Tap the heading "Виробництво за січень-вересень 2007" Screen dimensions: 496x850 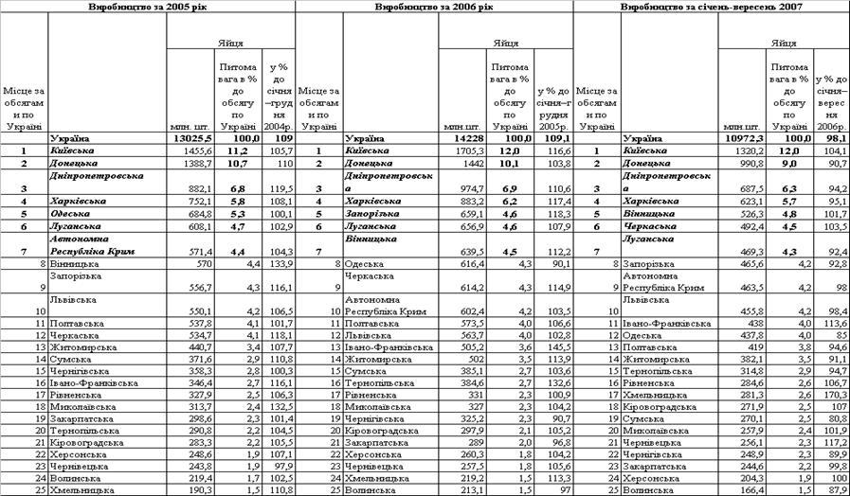coord(712,6)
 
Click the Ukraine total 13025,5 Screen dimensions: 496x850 coord(194,137)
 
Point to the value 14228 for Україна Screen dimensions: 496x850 coord(469,137)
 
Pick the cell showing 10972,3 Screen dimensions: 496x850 coord(745,137)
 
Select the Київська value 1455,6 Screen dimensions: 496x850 coord(197,151)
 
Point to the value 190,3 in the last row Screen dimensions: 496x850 coord(197,491)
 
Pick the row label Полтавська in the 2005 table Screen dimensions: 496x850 coord(79,323)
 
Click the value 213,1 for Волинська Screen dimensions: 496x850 coord(471,491)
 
